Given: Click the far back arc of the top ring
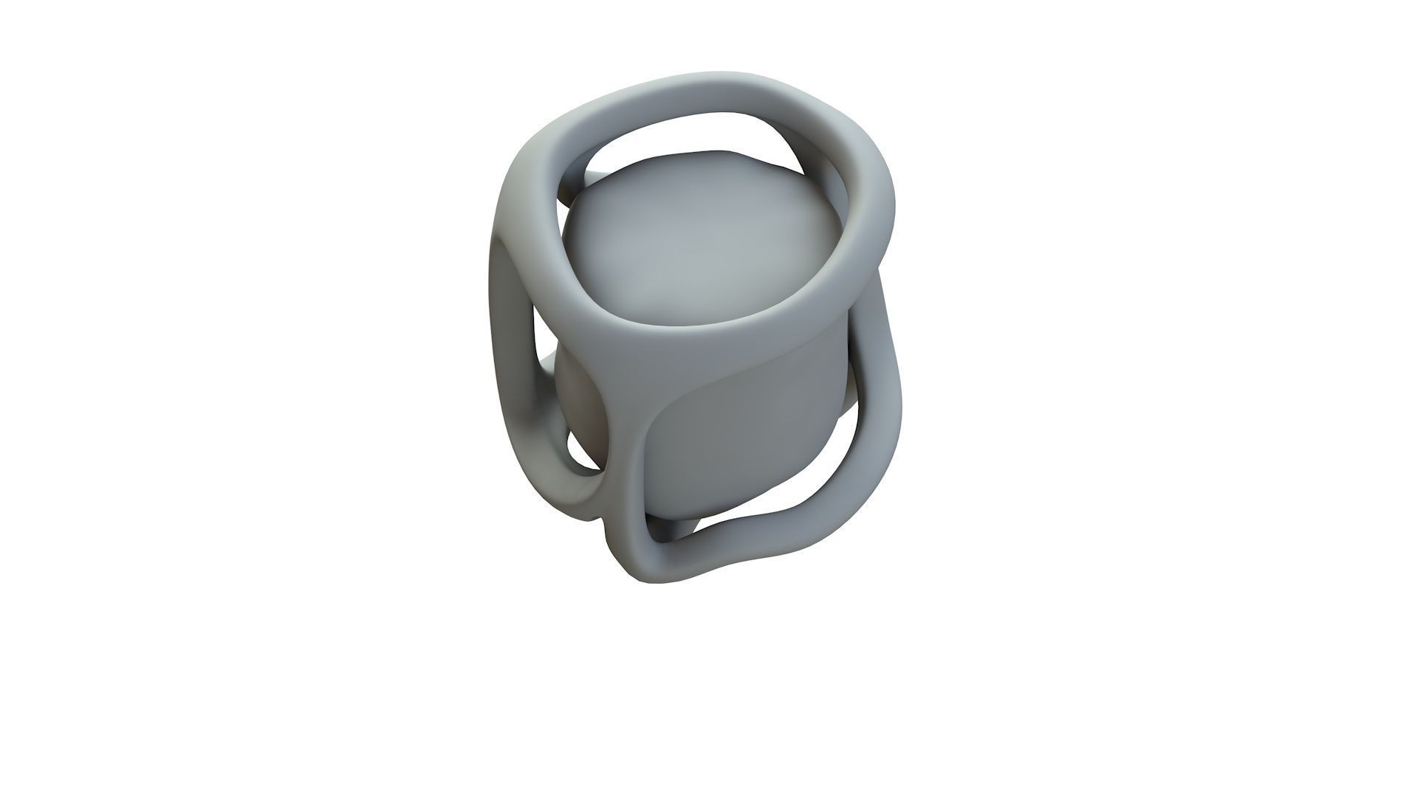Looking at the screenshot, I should pyautogui.click(x=709, y=89).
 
